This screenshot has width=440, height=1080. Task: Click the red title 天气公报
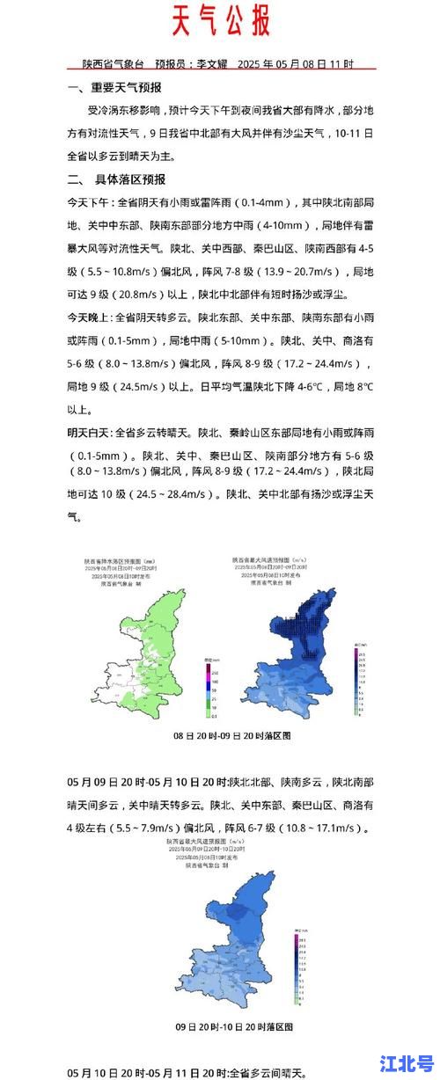219,20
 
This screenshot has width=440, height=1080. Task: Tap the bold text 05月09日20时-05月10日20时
147,781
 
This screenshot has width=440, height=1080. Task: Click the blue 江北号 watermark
406,1062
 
